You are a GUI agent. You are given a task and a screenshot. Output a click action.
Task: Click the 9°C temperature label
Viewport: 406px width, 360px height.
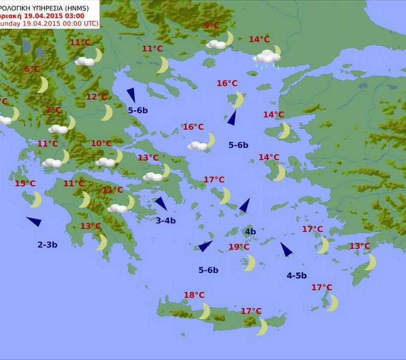click(211, 26)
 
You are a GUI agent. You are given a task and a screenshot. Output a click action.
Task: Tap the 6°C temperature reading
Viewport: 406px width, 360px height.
click(32, 69)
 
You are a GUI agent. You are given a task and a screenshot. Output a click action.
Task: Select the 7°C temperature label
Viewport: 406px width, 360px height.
click(53, 110)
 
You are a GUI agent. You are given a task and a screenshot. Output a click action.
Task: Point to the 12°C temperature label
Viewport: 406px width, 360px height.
click(97, 97)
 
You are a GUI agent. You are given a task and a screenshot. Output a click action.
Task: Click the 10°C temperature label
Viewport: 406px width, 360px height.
click(101, 144)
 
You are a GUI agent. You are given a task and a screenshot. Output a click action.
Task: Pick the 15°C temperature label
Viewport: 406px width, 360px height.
click(25, 184)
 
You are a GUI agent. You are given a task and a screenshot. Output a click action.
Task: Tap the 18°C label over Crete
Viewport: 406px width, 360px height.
click(194, 295)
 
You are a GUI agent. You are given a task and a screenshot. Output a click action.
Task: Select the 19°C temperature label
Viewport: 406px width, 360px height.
click(239, 247)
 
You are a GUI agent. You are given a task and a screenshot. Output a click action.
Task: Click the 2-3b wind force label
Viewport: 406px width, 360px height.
click(48, 245)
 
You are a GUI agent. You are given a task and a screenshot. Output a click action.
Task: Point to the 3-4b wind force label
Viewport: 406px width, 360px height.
click(166, 221)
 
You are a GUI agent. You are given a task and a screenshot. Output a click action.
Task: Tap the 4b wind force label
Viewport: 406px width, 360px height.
click(250, 232)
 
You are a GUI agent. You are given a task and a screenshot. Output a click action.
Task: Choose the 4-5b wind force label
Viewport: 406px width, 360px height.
click(297, 276)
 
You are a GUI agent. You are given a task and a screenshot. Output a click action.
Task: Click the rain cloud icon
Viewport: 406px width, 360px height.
click(267, 58)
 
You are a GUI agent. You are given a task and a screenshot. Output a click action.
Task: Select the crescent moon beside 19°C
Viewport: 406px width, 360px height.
click(250, 262)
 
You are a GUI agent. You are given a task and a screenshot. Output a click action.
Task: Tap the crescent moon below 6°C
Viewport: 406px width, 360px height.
click(43, 85)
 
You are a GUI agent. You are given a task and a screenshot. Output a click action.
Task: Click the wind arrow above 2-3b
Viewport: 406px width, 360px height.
click(34, 221)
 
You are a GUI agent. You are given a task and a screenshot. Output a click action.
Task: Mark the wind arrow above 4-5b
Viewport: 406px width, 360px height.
click(286, 249)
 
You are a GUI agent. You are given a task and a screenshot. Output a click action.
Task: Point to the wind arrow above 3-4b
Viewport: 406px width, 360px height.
click(161, 203)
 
